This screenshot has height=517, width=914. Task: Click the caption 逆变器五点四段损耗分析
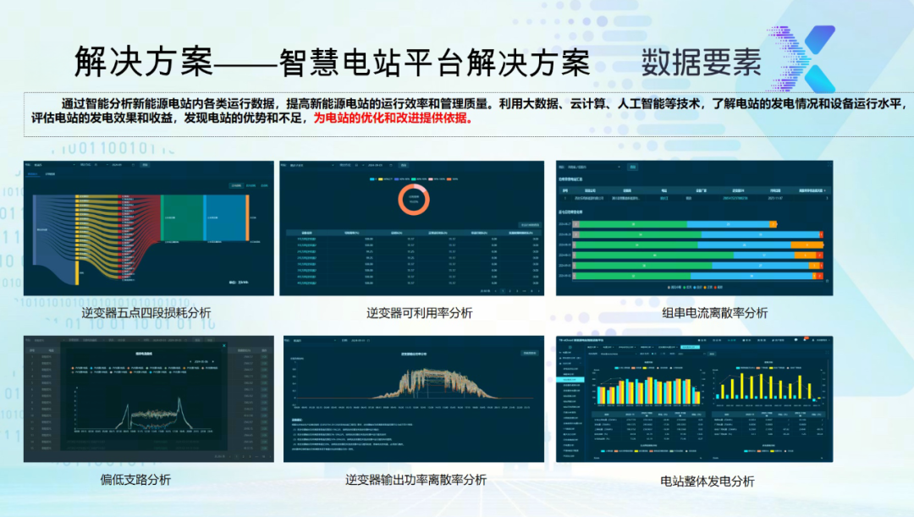tap(146, 313)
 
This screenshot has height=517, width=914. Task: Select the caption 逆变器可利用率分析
tap(419, 313)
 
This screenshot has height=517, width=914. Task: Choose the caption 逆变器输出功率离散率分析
tap(416, 480)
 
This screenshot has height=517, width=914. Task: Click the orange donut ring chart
tap(414, 201)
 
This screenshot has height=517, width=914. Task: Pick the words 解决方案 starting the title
tap(136, 63)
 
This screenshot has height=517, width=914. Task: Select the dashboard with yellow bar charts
tap(694, 399)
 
